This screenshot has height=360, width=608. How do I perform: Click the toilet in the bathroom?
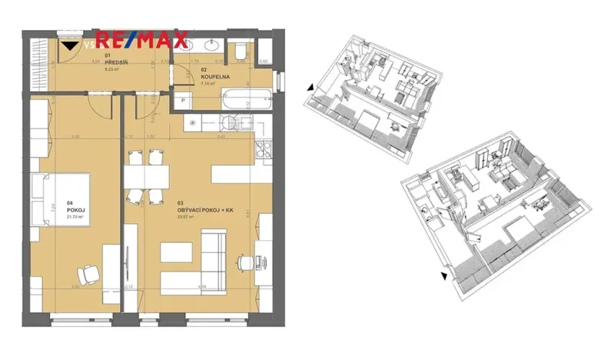pyautogui.click(x=241, y=52)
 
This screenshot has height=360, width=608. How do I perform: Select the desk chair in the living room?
pyautogui.click(x=245, y=264)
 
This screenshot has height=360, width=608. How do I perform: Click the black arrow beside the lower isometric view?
pyautogui.click(x=444, y=275)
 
